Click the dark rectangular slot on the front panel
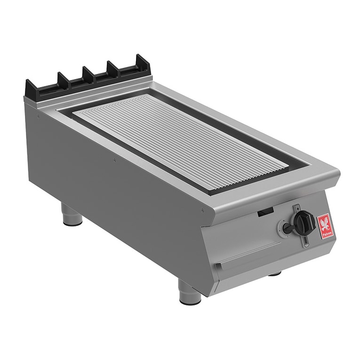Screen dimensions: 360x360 point(264,213)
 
